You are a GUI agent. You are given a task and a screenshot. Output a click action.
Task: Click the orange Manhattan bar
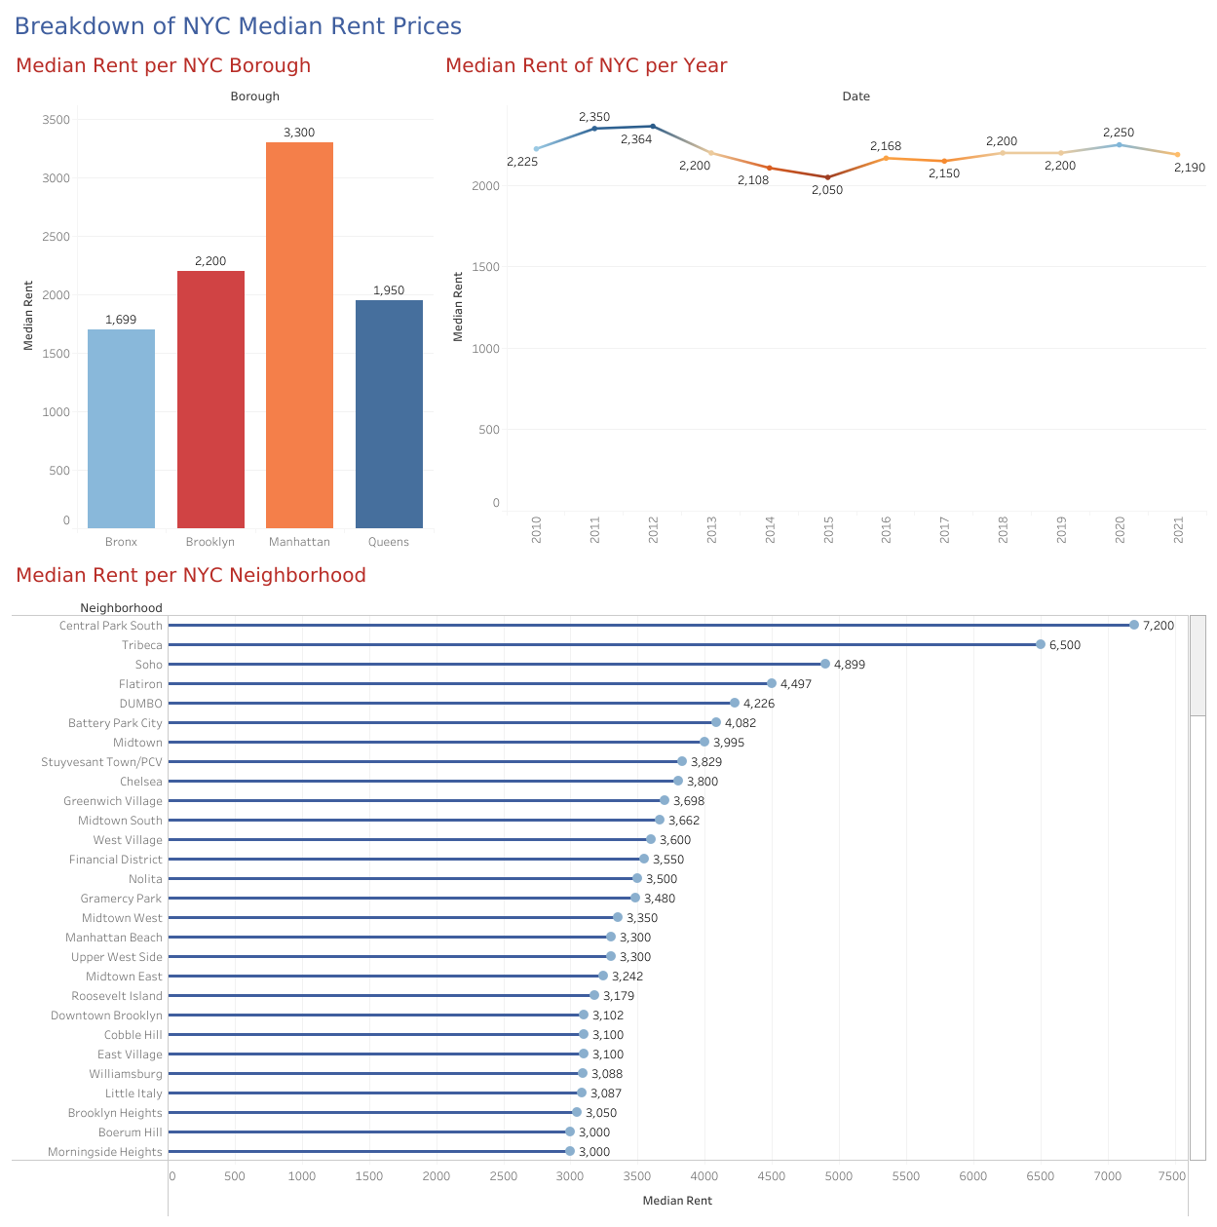pos(299,335)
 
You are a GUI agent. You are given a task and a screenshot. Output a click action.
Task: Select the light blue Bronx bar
pos(121,429)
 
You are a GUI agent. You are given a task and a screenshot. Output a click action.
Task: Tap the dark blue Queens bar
pos(389,414)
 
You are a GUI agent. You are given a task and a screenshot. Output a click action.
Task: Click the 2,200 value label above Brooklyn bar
pos(210,261)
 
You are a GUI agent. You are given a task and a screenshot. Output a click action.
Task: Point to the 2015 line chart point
pos(827,177)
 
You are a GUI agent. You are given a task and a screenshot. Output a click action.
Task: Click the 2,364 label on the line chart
pos(636,139)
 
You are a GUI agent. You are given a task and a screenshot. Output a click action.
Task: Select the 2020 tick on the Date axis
pos(1120,530)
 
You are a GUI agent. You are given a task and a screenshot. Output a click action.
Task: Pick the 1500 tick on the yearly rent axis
pos(485,267)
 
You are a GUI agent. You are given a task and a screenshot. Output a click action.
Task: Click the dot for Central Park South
pos(1134,625)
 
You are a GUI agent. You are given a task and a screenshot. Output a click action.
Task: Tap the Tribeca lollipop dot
pos(1041,644)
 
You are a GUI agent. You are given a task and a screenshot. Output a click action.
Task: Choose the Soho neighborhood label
pos(149,665)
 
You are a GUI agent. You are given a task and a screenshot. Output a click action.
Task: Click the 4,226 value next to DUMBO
pos(759,704)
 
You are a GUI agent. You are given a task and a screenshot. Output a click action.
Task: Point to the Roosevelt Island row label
pos(117,996)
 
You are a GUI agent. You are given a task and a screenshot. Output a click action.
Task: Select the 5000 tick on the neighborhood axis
pos(839,1176)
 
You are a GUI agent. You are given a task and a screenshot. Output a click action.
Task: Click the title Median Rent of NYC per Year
pos(586,65)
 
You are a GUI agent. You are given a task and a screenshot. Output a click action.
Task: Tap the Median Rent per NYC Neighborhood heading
pos(191,575)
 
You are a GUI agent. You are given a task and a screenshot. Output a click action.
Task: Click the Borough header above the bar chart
pos(254,96)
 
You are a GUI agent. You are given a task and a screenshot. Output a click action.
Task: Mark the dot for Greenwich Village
pos(665,800)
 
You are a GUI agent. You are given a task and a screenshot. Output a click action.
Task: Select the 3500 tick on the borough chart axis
pos(57,120)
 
